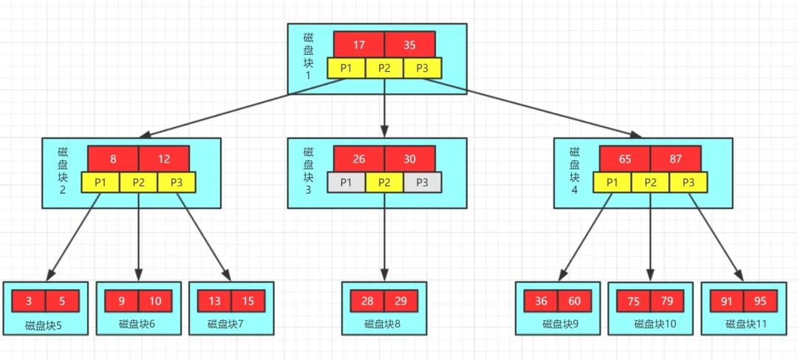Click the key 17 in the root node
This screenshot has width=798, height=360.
(358, 44)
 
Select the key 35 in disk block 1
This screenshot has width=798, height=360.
(409, 44)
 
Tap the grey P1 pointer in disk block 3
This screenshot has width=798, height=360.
(346, 182)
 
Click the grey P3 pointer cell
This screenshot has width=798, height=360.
(423, 182)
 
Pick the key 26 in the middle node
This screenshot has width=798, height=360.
(358, 158)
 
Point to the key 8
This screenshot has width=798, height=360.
(112, 158)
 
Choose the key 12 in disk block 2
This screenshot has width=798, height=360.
(163, 158)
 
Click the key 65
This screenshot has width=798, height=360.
(624, 158)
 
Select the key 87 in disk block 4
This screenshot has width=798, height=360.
(675, 158)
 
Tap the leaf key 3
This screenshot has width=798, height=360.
(28, 301)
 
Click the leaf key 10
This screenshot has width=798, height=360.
(155, 301)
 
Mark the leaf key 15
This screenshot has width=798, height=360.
(248, 301)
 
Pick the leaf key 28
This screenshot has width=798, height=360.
(367, 301)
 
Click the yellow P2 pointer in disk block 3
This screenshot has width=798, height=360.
(384, 182)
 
